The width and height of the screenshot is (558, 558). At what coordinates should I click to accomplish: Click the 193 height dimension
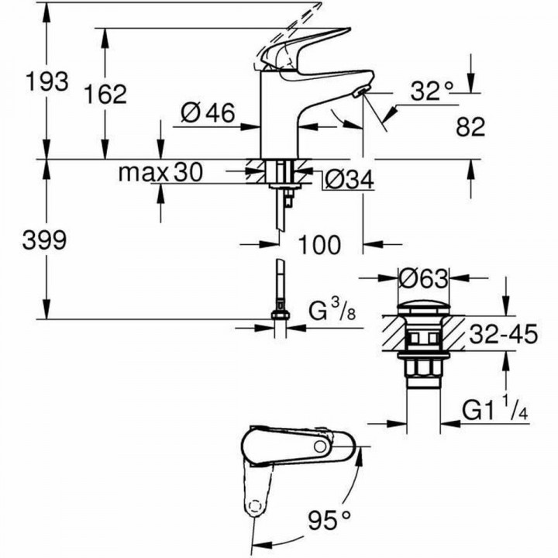[47, 80]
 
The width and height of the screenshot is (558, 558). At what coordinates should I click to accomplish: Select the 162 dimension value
[105, 94]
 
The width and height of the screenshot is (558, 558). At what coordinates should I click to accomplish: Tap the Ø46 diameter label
[208, 114]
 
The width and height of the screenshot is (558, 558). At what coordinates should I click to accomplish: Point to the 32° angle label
[431, 91]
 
